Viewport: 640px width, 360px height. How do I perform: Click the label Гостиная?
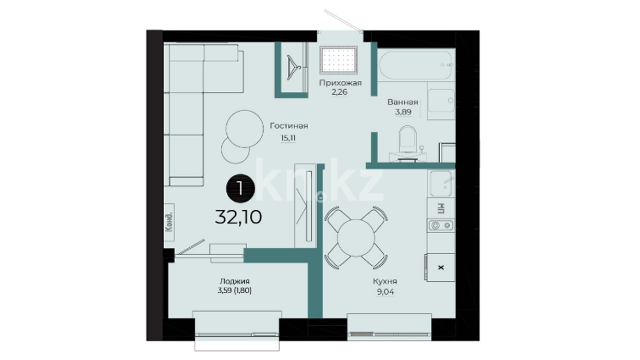click(x=289, y=126)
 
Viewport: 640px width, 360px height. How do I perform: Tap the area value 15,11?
click(x=288, y=138)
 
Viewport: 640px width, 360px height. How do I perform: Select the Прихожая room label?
click(x=340, y=83)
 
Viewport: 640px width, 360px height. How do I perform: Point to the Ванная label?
click(x=403, y=102)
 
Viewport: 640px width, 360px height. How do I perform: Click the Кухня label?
click(x=385, y=281)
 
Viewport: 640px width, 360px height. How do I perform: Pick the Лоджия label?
click(x=235, y=281)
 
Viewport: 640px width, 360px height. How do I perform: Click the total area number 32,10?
click(x=238, y=217)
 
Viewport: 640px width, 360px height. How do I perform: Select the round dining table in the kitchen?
click(x=356, y=238)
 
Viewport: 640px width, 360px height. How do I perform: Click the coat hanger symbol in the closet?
click(x=293, y=68)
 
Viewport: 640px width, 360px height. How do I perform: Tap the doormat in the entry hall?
click(x=338, y=60)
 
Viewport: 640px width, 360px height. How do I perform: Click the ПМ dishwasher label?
click(x=441, y=208)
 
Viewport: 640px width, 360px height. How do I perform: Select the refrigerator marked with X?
click(x=440, y=267)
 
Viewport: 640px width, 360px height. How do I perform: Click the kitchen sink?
click(x=441, y=184)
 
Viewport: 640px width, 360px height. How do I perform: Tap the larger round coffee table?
click(x=245, y=129)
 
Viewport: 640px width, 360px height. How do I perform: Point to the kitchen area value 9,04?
click(x=385, y=292)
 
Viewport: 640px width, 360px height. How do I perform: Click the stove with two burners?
click(x=441, y=226)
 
